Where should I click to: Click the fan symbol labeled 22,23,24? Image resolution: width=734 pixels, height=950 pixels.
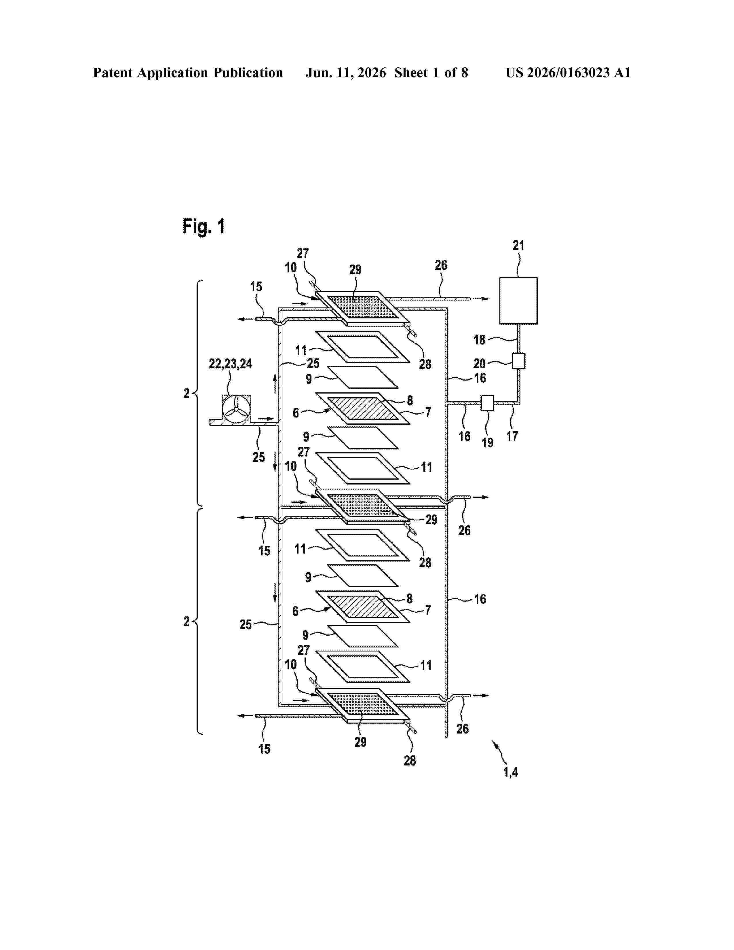[x=236, y=409]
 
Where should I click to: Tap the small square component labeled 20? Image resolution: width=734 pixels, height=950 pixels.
[x=518, y=361]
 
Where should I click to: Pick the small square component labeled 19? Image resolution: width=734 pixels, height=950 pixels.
[x=487, y=403]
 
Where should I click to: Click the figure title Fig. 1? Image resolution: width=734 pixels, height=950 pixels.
[x=204, y=226]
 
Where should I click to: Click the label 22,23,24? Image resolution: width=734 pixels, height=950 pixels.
[x=231, y=364]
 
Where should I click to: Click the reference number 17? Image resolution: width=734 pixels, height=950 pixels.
[x=512, y=436]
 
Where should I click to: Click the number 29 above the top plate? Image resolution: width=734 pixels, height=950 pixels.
[x=355, y=270]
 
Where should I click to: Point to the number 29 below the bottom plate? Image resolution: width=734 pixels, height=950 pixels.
[x=360, y=742]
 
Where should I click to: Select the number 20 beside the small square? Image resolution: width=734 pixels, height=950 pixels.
[x=480, y=363]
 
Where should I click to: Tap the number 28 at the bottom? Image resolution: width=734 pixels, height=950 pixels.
[x=410, y=761]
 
